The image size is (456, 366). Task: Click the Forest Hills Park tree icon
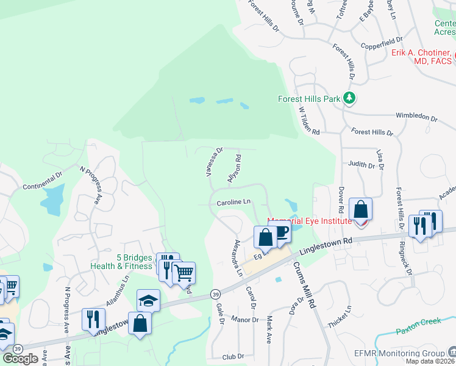pos(349,98)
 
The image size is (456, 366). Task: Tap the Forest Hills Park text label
pos(309,98)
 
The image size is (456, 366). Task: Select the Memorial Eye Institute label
pos(310,221)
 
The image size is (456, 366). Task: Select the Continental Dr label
pos(42,181)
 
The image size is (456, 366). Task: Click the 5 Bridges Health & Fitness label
pos(122,262)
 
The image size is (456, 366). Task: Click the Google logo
pos(20,359)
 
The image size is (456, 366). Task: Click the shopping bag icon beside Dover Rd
pos(361,210)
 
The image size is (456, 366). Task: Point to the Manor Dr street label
pos(245,319)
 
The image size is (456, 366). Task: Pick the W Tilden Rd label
pos(309,120)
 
